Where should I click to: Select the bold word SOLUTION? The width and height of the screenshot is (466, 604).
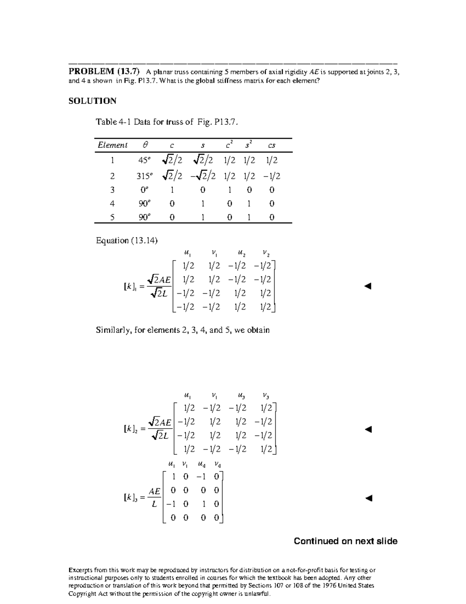tap(92, 101)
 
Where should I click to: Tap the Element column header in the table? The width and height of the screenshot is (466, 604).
tap(112, 145)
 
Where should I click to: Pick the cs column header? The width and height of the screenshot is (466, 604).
tap(271, 145)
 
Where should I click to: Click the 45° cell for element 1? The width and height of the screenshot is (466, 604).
tap(144, 160)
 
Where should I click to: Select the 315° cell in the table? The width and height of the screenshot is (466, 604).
tap(144, 176)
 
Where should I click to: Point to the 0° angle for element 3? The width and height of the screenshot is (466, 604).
tap(144, 190)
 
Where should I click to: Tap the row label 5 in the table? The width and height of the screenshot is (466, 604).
tap(112, 217)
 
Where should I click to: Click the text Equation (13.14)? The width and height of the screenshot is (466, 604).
tap(127, 241)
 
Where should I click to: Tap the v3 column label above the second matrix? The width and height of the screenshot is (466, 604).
tap(266, 396)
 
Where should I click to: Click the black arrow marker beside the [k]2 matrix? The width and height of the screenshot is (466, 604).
tap(369, 429)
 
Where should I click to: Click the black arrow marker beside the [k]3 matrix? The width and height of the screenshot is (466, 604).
tap(369, 498)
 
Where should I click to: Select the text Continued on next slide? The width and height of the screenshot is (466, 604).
tap(345, 541)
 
